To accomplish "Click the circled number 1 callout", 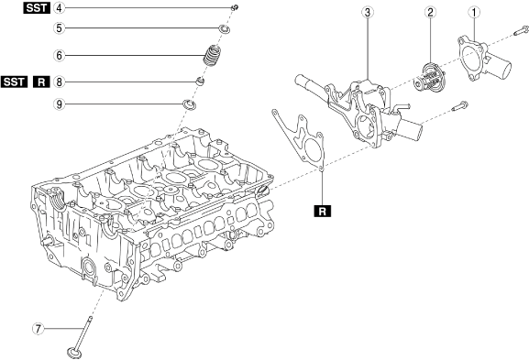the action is (x=474, y=13).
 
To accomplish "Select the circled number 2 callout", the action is (x=430, y=13).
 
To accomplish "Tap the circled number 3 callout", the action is (x=368, y=13).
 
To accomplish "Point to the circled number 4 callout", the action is (x=60, y=7).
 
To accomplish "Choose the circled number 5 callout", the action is (x=60, y=28).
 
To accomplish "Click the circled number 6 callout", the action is (x=60, y=55).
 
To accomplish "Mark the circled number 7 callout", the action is (x=38, y=328).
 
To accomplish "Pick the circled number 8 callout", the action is (x=60, y=82).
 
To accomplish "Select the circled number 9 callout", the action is (x=60, y=104).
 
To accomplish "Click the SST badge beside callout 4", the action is (x=37, y=7).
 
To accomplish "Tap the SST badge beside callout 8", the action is (x=14, y=82).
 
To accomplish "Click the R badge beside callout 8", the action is (x=41, y=82).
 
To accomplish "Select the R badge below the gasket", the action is (x=323, y=211).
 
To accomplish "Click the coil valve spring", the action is (x=213, y=55).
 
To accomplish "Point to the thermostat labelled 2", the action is (x=429, y=77).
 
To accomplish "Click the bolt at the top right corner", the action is (x=520, y=31).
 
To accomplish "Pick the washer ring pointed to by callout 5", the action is (x=225, y=29).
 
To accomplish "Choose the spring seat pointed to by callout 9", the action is (x=190, y=104).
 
